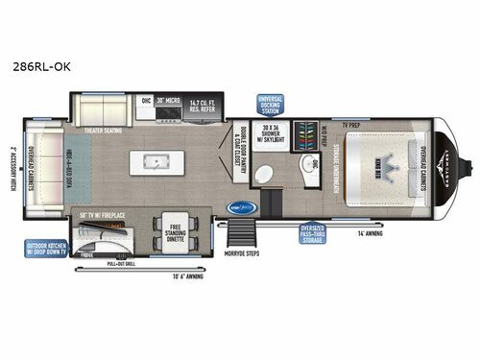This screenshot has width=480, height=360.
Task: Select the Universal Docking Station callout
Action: pyautogui.click(x=268, y=104)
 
